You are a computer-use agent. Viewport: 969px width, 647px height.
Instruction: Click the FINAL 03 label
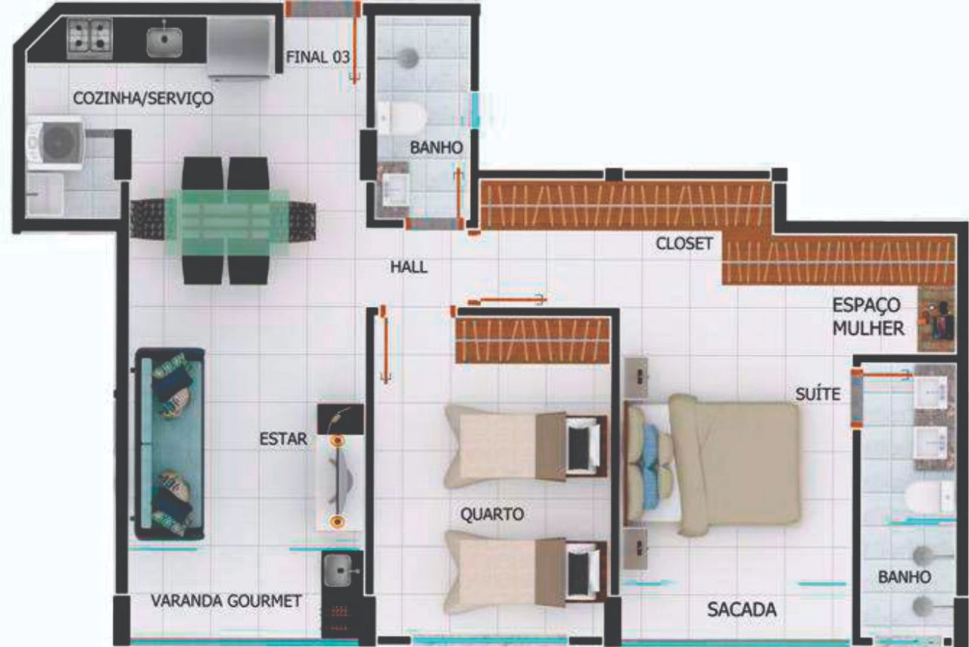(x=318, y=57)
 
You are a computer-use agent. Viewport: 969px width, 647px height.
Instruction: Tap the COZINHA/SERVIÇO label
(x=143, y=98)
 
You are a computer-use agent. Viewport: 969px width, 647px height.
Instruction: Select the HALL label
(x=409, y=267)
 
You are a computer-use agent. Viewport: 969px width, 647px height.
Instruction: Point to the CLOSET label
(x=684, y=243)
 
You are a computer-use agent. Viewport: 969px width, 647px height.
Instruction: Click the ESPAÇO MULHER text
(x=868, y=317)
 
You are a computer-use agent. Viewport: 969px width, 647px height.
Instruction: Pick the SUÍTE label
(x=818, y=394)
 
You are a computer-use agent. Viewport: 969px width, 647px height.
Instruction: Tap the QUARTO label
(x=492, y=514)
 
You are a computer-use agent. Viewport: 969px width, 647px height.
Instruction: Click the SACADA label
(x=742, y=609)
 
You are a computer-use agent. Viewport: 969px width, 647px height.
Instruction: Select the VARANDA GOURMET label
(x=226, y=601)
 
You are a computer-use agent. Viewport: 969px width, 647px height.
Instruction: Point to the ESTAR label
(x=283, y=439)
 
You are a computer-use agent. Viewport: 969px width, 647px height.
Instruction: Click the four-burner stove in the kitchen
(x=89, y=39)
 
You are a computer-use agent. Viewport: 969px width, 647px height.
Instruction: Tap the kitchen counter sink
(x=164, y=42)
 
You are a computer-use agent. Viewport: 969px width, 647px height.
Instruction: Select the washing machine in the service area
(x=55, y=143)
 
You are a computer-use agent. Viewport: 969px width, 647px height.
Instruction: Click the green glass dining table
(x=227, y=221)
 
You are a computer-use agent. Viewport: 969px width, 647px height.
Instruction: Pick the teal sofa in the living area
(x=170, y=444)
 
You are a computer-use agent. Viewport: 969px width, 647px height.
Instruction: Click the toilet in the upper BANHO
(x=402, y=117)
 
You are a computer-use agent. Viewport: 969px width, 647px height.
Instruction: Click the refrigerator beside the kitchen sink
(x=241, y=48)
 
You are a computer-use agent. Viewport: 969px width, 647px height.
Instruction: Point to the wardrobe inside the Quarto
(x=534, y=340)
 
